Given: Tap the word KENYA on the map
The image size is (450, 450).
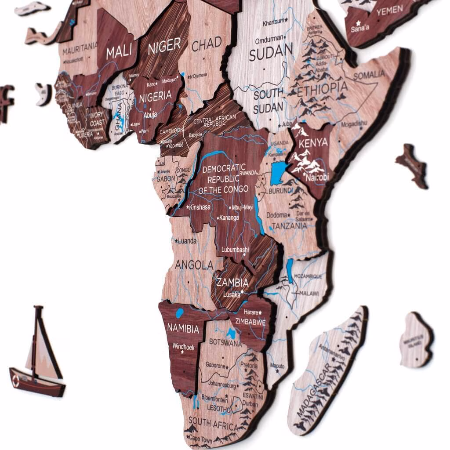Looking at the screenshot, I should pos(313,142).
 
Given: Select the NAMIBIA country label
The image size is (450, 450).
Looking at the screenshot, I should pos(183,328).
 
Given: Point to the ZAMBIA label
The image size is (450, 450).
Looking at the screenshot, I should pos(232,283).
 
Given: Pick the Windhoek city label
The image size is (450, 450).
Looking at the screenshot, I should pos(183,347).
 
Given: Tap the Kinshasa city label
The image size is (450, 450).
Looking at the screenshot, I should pos(200,207).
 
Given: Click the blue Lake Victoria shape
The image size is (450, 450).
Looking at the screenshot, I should pos(278,172).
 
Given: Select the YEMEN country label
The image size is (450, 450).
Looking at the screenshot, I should pos(389,11).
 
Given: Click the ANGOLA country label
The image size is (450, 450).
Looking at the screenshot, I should pos(194,265).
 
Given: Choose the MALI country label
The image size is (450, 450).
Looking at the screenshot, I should pos(119,52).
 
